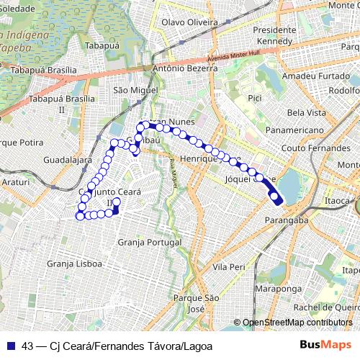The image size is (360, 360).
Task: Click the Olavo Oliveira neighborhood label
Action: coord(189,22)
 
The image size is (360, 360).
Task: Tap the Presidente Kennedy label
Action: coord(275,36)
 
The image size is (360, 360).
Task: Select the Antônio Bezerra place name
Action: coord(185,69)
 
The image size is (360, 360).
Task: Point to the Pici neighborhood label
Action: coord(253,97)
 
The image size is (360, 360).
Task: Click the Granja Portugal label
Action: coord(149,243)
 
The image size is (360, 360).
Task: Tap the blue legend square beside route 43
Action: coord(12,345)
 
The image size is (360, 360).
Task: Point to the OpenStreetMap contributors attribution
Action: coord(297,323)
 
